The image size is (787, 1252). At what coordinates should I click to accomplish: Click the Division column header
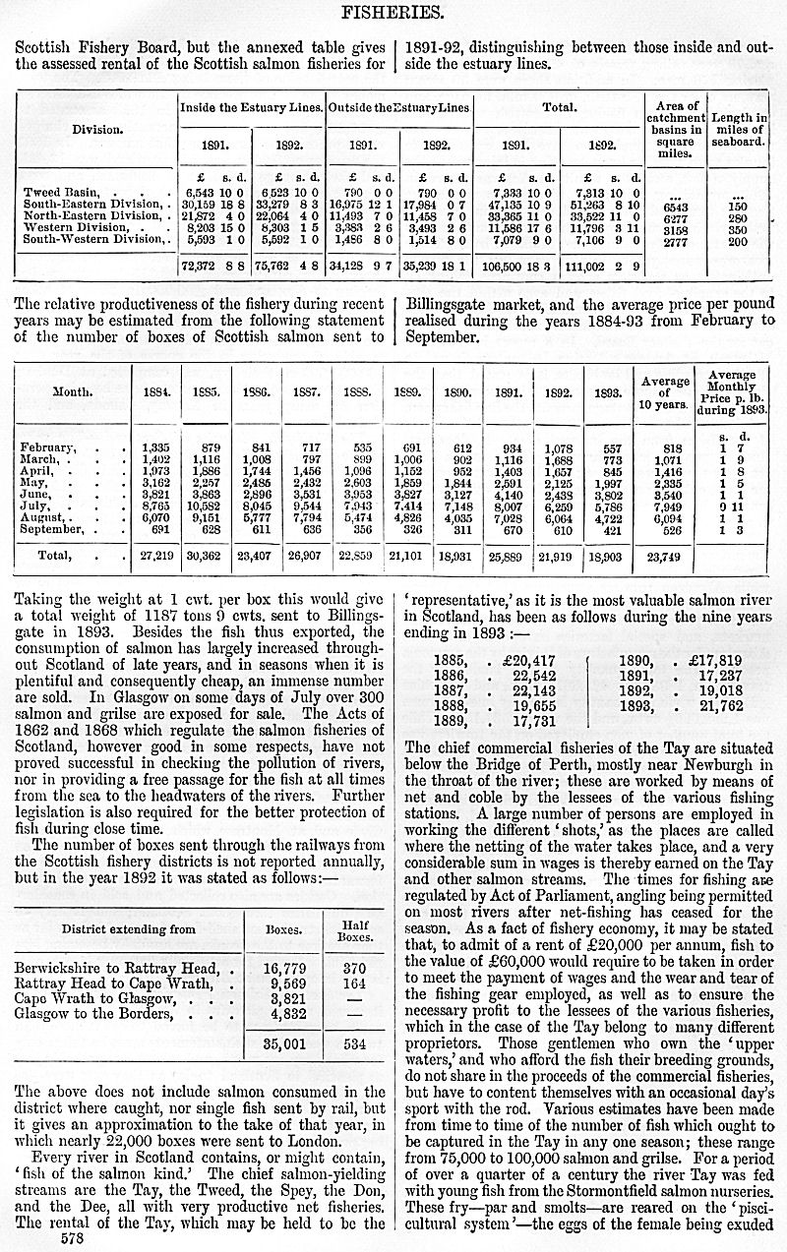pyautogui.click(x=96, y=129)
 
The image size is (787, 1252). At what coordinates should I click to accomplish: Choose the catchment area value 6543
pyautogui.click(x=676, y=208)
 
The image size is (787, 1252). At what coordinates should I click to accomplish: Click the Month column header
pyautogui.click(x=73, y=392)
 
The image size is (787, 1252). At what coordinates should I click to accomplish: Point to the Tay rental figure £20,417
pyautogui.click(x=507, y=661)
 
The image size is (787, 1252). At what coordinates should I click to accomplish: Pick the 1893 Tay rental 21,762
pyautogui.click(x=694, y=706)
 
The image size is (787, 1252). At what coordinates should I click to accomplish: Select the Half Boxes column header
pyautogui.click(x=354, y=929)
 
